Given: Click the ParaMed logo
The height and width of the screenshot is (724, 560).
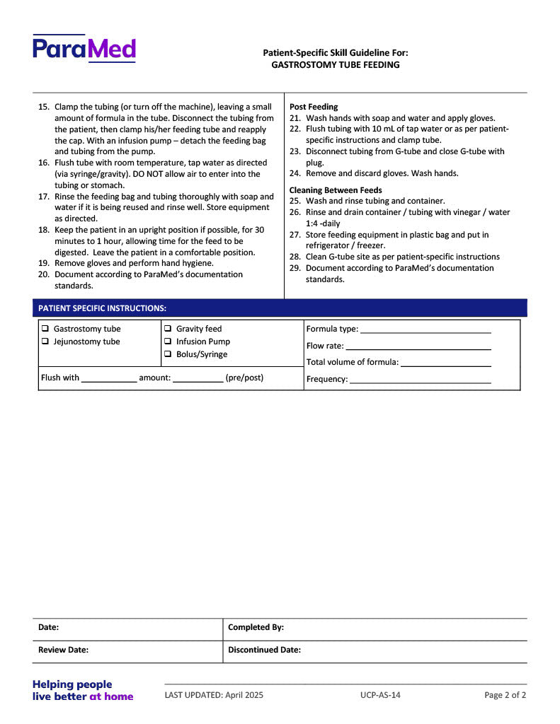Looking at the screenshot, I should pyautogui.click(x=84, y=49).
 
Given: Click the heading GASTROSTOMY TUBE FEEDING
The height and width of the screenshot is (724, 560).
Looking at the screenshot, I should pyautogui.click(x=335, y=65).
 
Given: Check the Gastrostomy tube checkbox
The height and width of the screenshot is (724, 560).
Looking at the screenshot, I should pyautogui.click(x=45, y=329).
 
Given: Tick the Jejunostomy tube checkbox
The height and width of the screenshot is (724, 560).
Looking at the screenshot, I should pyautogui.click(x=45, y=341).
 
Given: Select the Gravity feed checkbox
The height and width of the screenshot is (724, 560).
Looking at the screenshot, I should pyautogui.click(x=168, y=329).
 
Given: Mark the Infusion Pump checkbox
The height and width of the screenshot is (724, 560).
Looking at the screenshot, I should pyautogui.click(x=168, y=341).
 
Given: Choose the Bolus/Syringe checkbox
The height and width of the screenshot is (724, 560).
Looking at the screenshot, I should pyautogui.click(x=168, y=354).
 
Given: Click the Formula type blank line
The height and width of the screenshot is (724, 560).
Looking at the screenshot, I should pyautogui.click(x=425, y=330).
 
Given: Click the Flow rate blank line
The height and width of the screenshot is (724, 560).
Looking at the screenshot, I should pyautogui.click(x=418, y=347).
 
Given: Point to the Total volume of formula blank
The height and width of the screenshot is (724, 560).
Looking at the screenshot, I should pyautogui.click(x=446, y=363).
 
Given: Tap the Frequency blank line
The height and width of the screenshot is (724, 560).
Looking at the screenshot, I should pyautogui.click(x=420, y=380).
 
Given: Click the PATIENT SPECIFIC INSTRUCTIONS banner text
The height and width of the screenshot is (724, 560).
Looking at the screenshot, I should pyautogui.click(x=102, y=308).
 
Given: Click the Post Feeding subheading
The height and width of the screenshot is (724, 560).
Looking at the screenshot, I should pyautogui.click(x=314, y=107).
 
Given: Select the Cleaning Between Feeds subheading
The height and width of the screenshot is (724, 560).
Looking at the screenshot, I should pyautogui.click(x=336, y=190).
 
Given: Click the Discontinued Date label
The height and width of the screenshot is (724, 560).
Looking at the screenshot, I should pyautogui.click(x=264, y=650).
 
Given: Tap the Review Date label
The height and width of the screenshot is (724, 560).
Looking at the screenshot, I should pyautogui.click(x=63, y=650).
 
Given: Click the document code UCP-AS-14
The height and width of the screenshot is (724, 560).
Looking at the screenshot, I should pyautogui.click(x=380, y=695).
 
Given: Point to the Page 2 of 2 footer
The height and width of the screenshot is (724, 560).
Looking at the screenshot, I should pyautogui.click(x=505, y=695).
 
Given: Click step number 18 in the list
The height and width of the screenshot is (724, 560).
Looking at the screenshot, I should pyautogui.click(x=43, y=230).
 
